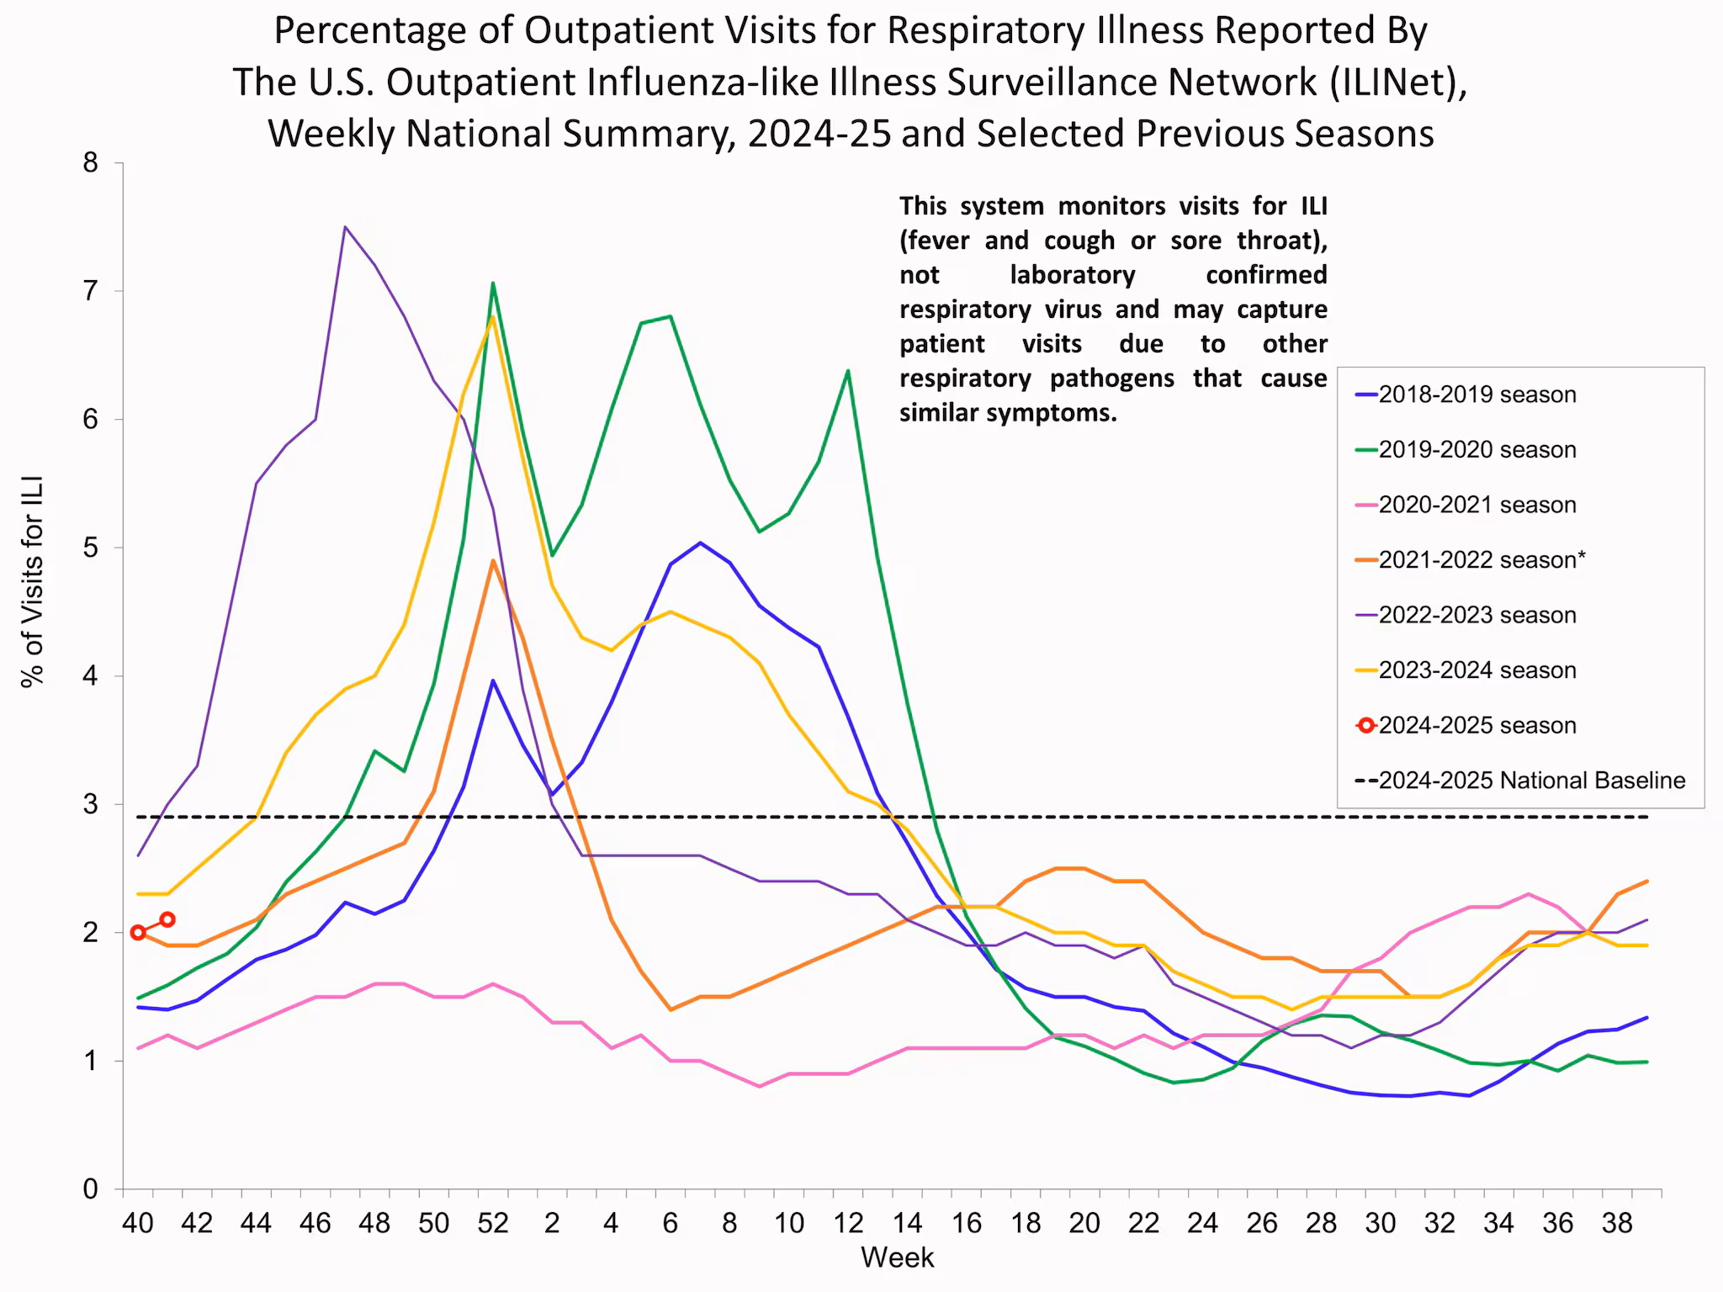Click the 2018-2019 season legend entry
click(1476, 394)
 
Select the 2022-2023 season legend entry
click(1476, 615)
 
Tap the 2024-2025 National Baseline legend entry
click(1531, 781)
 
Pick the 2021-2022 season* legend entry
click(1482, 560)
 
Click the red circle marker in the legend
click(1366, 725)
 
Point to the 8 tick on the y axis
click(91, 163)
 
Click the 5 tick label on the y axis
click(91, 548)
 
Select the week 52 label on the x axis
click(493, 1222)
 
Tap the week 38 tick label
click(1617, 1222)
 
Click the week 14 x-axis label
click(907, 1222)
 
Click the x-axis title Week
click(897, 1258)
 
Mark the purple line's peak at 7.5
click(345, 226)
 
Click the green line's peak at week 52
click(493, 283)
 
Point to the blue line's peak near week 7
click(700, 543)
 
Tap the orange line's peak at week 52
click(493, 560)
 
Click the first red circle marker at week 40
click(138, 932)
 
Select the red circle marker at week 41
click(167, 919)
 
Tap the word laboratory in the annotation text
click(1072, 275)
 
